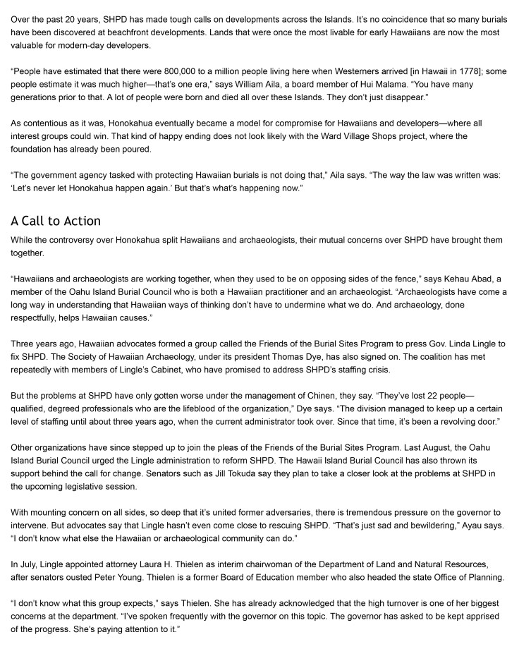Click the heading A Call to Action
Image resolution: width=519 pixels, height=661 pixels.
click(x=56, y=221)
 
